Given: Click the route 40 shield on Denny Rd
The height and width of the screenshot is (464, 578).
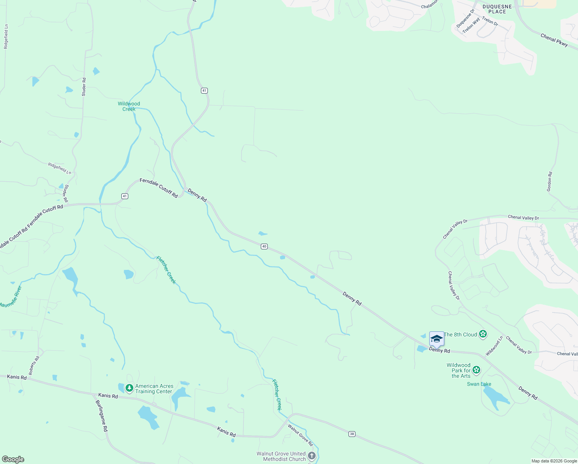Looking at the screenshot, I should [264, 246].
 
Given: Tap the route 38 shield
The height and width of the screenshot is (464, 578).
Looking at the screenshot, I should [352, 434].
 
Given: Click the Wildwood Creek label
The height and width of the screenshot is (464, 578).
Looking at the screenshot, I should [129, 106].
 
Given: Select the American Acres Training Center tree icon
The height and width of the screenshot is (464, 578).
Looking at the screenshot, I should [129, 388].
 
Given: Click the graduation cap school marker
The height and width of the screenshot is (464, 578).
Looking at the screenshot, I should [437, 339].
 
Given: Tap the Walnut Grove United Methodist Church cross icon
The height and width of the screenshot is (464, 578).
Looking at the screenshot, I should [312, 456].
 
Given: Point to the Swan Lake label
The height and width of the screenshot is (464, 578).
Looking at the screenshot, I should [479, 384].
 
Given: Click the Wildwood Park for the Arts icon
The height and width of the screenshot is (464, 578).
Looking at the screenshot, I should [476, 370].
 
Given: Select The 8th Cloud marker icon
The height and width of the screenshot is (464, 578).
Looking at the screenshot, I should [483, 334].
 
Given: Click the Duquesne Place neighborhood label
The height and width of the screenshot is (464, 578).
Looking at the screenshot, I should [497, 9].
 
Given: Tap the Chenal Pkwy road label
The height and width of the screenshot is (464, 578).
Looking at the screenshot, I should [554, 40].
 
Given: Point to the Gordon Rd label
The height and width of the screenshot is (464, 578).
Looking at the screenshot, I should [549, 182].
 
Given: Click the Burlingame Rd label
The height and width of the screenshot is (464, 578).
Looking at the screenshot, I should [102, 416].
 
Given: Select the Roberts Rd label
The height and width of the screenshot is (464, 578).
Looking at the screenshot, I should [34, 366].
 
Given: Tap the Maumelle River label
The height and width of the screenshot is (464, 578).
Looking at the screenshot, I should [11, 297].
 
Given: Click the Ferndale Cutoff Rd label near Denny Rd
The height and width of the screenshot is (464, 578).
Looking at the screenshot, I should [159, 188].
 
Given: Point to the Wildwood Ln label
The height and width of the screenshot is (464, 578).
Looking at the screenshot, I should [494, 346].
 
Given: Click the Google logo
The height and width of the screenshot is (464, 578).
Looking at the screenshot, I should [13, 459].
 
